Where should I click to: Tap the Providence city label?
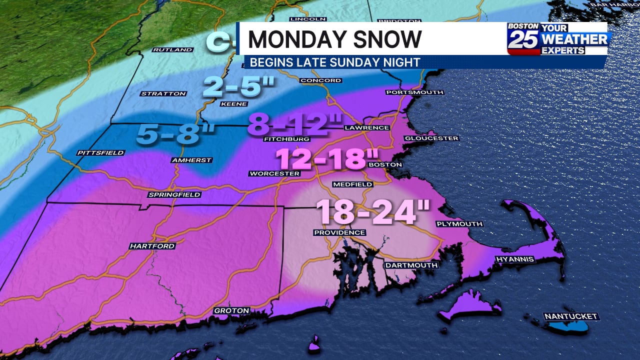(x=339, y=232)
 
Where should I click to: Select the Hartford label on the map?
(x=152, y=246)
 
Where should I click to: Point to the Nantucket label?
(x=571, y=316)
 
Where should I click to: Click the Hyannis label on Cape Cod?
(x=514, y=259)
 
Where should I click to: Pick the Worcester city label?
(x=274, y=173)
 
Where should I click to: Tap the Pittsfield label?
(x=100, y=152)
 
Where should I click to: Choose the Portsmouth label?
(x=414, y=92)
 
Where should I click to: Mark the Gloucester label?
(x=431, y=138)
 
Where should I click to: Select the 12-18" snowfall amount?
(x=327, y=159)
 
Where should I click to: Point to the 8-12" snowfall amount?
(x=295, y=124)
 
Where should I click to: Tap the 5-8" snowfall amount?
(x=175, y=134)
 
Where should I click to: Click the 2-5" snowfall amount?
(x=239, y=87)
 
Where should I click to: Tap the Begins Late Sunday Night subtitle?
(x=334, y=62)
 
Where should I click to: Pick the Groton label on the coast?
(x=231, y=310)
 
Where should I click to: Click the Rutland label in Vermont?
(x=172, y=50)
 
